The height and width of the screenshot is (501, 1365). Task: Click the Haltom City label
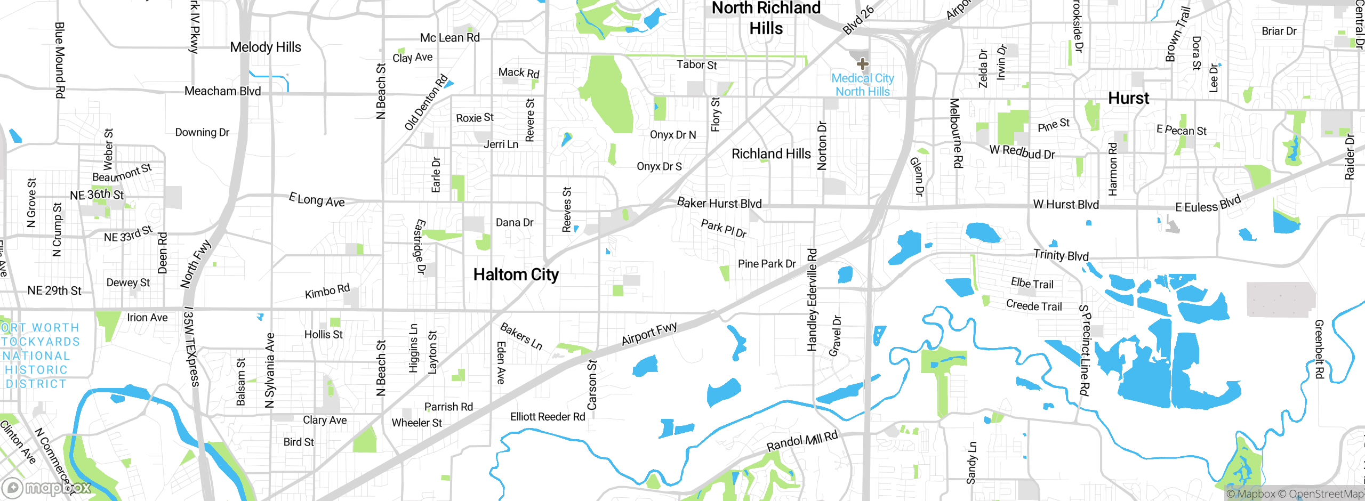[x=516, y=274]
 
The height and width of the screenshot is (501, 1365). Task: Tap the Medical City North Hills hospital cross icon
[x=862, y=64]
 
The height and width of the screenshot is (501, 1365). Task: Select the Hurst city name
[x=1128, y=98]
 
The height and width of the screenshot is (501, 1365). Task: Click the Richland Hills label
[x=770, y=154]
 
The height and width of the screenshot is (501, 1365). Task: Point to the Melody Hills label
[x=265, y=47]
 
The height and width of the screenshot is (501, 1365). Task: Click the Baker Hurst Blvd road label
[x=719, y=203]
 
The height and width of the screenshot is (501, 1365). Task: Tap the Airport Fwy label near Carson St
[x=649, y=334]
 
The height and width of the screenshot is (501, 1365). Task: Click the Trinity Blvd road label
[x=1061, y=255]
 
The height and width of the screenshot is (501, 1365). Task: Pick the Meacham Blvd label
[x=222, y=91]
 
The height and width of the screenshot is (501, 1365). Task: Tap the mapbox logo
[x=47, y=488]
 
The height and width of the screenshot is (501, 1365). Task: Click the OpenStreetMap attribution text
[x=1324, y=494]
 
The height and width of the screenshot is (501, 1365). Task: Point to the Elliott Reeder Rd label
[x=547, y=417]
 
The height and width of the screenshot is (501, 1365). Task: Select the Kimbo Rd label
[x=327, y=292]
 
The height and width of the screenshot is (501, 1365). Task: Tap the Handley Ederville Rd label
[x=812, y=300]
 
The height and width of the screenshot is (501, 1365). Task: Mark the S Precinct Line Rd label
[x=1085, y=350]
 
